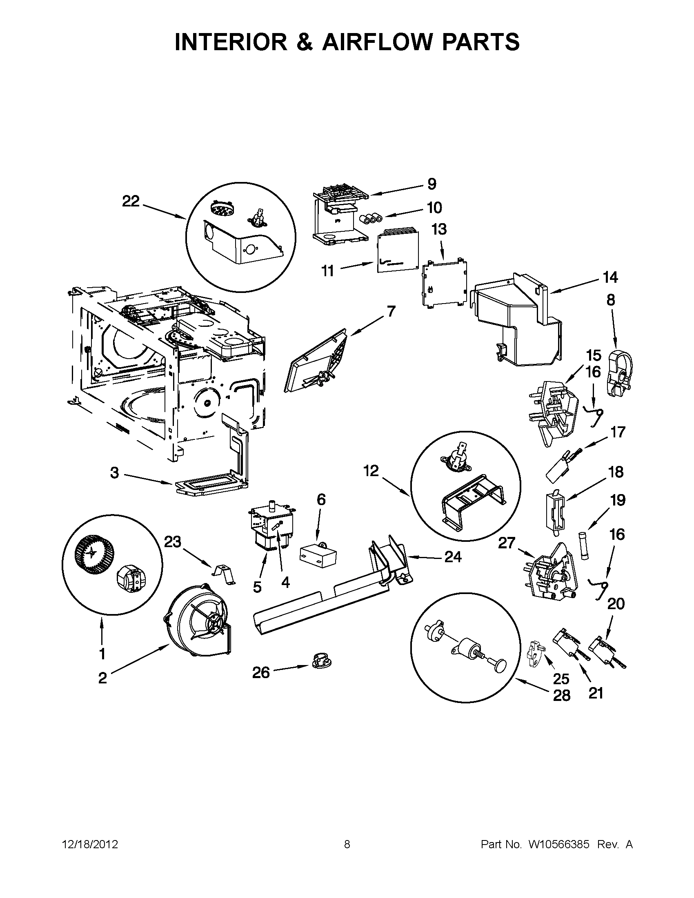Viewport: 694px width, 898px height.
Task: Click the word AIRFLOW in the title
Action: [x=378, y=42]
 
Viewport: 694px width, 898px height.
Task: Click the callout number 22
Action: [x=131, y=202]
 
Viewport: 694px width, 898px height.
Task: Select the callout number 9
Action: [x=432, y=184]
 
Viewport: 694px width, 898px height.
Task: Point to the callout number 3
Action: [x=114, y=473]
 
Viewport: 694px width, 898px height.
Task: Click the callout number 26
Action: [x=261, y=673]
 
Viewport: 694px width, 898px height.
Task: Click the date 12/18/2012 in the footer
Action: [x=90, y=845]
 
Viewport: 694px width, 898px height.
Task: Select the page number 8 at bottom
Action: [x=347, y=845]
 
